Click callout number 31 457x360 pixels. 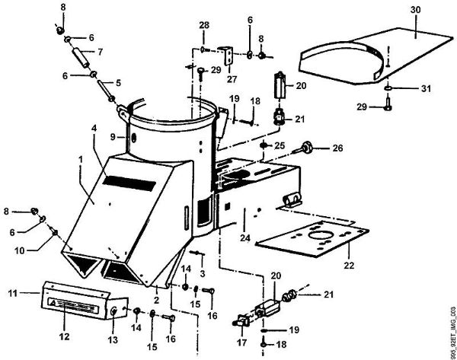pyautogui.click(x=424, y=89)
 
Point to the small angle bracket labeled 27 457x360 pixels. pyautogui.click(x=226, y=56)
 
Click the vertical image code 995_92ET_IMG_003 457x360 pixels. pyautogui.click(x=451, y=320)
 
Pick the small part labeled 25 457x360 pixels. pyautogui.click(x=264, y=145)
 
